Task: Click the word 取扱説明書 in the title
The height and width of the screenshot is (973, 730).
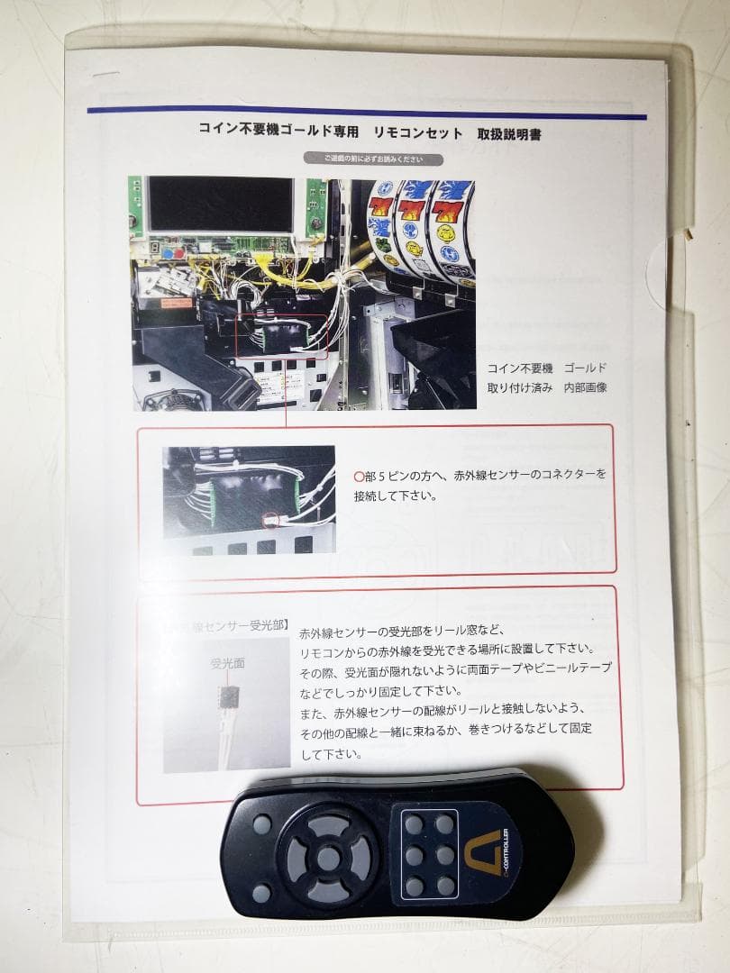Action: click(x=509, y=132)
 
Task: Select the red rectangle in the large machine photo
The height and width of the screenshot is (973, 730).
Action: click(x=282, y=335)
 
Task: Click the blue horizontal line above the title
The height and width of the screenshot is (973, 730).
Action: click(x=367, y=114)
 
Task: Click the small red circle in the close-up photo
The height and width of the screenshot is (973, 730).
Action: click(x=268, y=520)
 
